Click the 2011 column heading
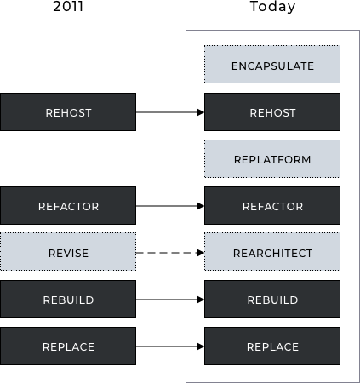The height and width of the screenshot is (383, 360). [x=68, y=6]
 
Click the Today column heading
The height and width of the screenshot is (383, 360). [x=272, y=7]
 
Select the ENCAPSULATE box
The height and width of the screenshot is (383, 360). [x=272, y=65]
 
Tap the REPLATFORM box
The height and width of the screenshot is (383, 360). [x=272, y=159]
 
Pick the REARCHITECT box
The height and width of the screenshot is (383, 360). [x=272, y=252]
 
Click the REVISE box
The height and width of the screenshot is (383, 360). [x=68, y=252]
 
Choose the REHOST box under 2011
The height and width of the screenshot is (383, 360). [x=68, y=112]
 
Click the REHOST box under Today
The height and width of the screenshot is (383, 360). [x=272, y=112]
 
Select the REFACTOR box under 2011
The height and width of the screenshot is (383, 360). [x=68, y=206]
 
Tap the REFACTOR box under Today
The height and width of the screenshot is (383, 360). [x=272, y=206]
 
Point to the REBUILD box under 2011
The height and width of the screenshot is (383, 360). [x=68, y=300]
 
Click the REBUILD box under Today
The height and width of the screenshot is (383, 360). [x=272, y=300]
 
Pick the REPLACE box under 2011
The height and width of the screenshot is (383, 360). [x=68, y=346]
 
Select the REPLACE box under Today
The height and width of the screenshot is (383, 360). [x=272, y=346]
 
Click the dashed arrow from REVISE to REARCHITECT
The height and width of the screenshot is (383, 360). [x=170, y=253]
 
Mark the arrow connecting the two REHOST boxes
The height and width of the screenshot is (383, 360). [x=170, y=112]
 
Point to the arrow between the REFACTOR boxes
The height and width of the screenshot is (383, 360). [x=170, y=206]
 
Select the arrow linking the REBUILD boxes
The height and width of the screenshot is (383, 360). [x=170, y=300]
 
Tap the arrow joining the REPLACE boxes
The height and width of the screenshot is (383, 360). [x=170, y=346]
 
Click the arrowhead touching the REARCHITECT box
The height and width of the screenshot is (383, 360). [x=201, y=253]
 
